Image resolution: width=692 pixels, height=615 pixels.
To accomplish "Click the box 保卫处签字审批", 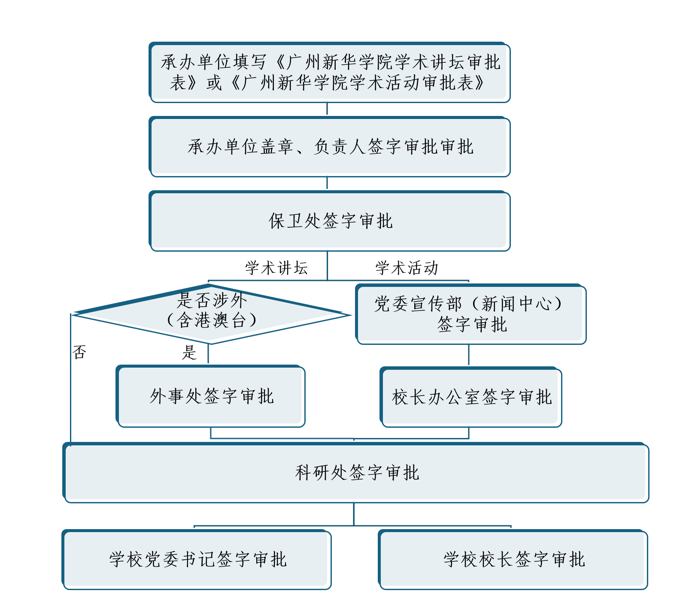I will pyautogui.click(x=329, y=221).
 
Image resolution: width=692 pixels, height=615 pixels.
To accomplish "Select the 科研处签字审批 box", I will pyautogui.click(x=356, y=472).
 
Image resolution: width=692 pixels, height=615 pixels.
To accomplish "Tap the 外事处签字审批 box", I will pyautogui.click(x=211, y=396).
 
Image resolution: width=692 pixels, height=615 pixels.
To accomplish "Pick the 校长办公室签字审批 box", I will pyautogui.click(x=471, y=397).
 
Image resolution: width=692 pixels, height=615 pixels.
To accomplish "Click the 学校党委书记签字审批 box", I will pyautogui.click(x=197, y=559).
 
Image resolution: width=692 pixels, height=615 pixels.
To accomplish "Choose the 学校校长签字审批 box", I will pyautogui.click(x=513, y=559).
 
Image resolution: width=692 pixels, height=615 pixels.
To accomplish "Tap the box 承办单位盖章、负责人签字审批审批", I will pyautogui.click(x=329, y=146).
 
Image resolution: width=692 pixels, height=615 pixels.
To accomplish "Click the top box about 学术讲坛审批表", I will pyautogui.click(x=329, y=72).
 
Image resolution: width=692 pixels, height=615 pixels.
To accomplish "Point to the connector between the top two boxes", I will pyautogui.click(x=327, y=109).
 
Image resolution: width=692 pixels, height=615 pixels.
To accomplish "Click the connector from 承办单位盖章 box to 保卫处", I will pyautogui.click(x=327, y=183).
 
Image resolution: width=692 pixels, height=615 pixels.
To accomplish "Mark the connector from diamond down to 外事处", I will pyautogui.click(x=208, y=354).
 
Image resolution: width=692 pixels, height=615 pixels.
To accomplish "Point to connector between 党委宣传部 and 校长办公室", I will pyautogui.click(x=469, y=355).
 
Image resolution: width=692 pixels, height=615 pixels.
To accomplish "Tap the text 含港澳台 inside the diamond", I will pyautogui.click(x=212, y=320).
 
